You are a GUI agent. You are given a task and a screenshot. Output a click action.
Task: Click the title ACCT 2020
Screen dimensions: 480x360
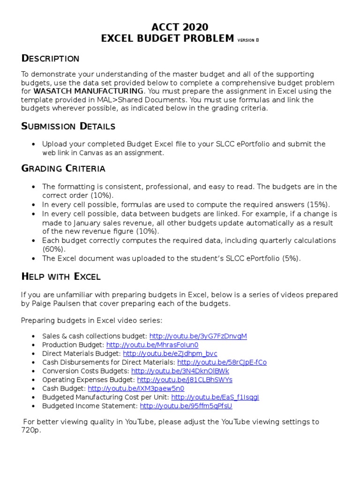[x=180, y=27]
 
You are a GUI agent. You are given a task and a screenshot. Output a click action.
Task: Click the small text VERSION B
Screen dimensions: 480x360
[x=248, y=40]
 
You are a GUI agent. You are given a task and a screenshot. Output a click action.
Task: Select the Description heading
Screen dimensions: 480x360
[x=51, y=59]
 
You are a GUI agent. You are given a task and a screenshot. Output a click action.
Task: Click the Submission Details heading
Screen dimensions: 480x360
[x=68, y=127]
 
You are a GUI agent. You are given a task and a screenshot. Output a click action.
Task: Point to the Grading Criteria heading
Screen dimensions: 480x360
[x=63, y=169]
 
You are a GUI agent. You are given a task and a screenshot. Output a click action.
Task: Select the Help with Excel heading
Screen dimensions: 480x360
[x=61, y=277]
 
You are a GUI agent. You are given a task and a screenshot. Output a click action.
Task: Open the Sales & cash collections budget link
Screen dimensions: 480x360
[x=198, y=336]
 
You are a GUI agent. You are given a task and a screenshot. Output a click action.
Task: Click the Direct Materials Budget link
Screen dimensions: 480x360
[x=170, y=353]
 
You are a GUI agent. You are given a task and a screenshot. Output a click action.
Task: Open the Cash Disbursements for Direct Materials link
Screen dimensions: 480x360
[x=222, y=362]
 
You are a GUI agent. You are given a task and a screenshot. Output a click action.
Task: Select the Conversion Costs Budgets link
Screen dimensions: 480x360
[x=180, y=371]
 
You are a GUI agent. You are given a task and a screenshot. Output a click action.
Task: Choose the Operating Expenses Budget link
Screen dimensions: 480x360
[x=185, y=380]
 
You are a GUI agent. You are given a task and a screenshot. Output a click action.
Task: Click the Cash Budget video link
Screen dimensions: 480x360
[x=136, y=389]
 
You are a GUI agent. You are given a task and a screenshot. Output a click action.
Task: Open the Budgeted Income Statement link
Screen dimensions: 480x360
[x=186, y=406]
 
